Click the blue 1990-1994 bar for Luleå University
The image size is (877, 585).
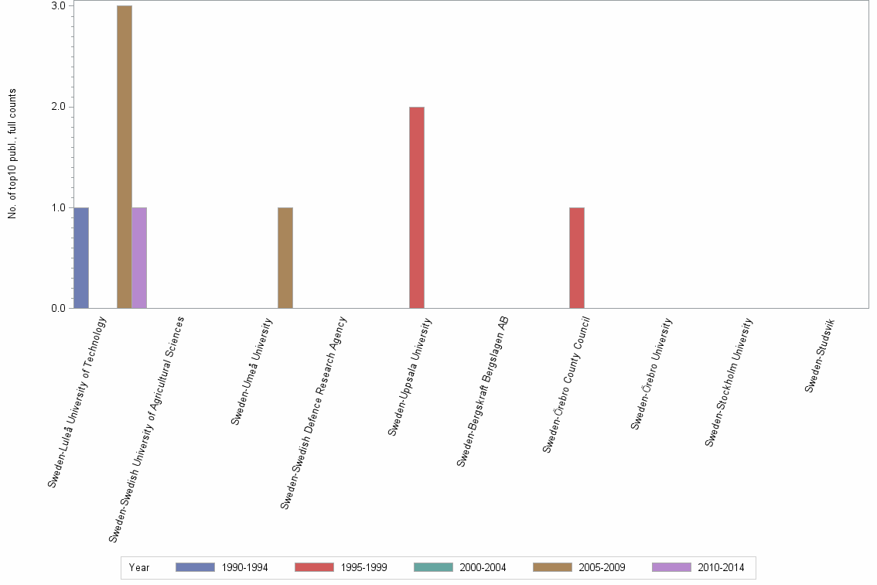point(81,258)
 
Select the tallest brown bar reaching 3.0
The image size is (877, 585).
point(125,157)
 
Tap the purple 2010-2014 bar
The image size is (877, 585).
point(139,258)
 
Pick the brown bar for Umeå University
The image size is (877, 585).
point(285,258)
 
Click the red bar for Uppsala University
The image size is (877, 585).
point(417,207)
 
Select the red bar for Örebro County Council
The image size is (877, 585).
point(577,258)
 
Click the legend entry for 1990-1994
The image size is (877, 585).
point(222,567)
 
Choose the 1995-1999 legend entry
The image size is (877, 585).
point(341,567)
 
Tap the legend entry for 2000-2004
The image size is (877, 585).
point(460,567)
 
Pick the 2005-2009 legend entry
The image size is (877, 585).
point(579,567)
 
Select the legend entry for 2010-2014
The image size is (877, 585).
point(698,567)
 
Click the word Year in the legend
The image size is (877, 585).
point(139,567)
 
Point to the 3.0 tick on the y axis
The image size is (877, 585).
point(59,6)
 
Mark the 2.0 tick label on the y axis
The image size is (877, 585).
point(59,107)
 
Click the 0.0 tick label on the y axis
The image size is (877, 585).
point(59,309)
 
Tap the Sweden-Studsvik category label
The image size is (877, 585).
point(820,355)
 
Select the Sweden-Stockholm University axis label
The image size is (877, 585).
point(729,382)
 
